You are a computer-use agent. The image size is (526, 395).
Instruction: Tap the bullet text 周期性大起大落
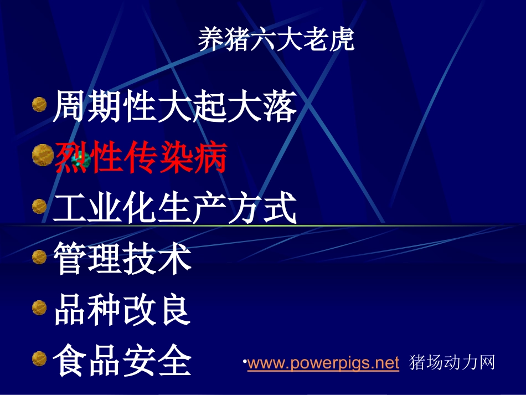[x=175, y=107]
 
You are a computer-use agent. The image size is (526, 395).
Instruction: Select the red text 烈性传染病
[x=141, y=158]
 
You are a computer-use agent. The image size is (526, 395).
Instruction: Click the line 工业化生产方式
[x=175, y=208]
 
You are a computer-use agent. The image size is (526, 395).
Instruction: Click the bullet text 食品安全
[x=122, y=361]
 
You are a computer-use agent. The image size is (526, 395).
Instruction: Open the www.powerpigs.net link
[x=323, y=363]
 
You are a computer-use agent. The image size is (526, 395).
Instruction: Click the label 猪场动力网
[x=452, y=363]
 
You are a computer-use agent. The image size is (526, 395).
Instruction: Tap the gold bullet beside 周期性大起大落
[x=39, y=104]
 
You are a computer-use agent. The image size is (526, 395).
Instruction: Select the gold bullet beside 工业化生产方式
[x=39, y=206]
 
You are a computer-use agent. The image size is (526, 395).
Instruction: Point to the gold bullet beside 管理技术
[x=39, y=257]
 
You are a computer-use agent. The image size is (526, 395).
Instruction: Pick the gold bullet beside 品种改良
[x=39, y=307]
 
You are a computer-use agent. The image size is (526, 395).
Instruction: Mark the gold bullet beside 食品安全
[x=39, y=358]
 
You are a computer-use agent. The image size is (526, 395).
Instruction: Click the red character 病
[x=210, y=158]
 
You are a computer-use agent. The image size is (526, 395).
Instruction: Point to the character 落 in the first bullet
[x=280, y=107]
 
